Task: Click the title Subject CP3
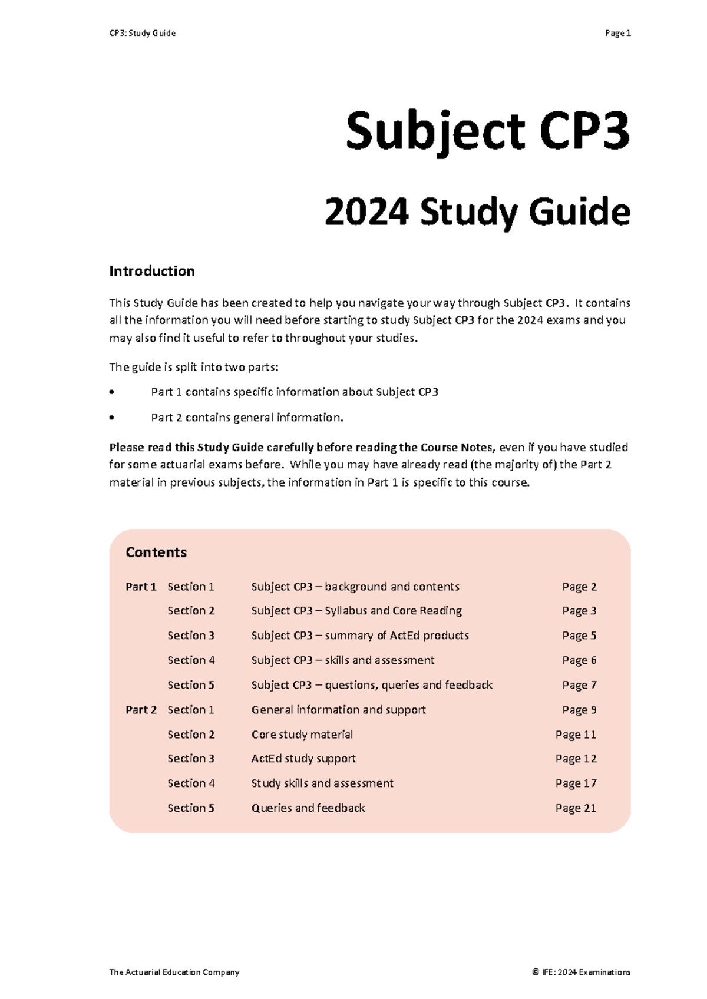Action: tap(488, 132)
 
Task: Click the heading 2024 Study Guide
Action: tap(477, 212)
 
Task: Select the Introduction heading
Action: tap(151, 271)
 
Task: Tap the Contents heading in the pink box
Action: tap(156, 553)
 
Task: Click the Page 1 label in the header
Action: tap(617, 33)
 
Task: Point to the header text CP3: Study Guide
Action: tap(143, 33)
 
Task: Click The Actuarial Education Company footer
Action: tap(174, 972)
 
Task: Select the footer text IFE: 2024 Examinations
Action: tap(585, 972)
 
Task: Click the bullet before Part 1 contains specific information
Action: tap(112, 392)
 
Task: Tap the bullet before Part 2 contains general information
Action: tap(112, 418)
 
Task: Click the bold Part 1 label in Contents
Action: tap(141, 587)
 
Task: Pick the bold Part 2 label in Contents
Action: tap(141, 710)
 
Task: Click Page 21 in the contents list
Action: tap(576, 808)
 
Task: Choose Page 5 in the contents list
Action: tap(579, 636)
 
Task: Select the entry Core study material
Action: tap(302, 735)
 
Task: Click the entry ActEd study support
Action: tap(303, 759)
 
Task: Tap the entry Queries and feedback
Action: tap(308, 808)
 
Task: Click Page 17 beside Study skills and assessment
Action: tap(576, 783)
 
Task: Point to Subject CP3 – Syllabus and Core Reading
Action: tap(356, 611)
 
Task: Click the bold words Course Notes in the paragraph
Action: tap(458, 447)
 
